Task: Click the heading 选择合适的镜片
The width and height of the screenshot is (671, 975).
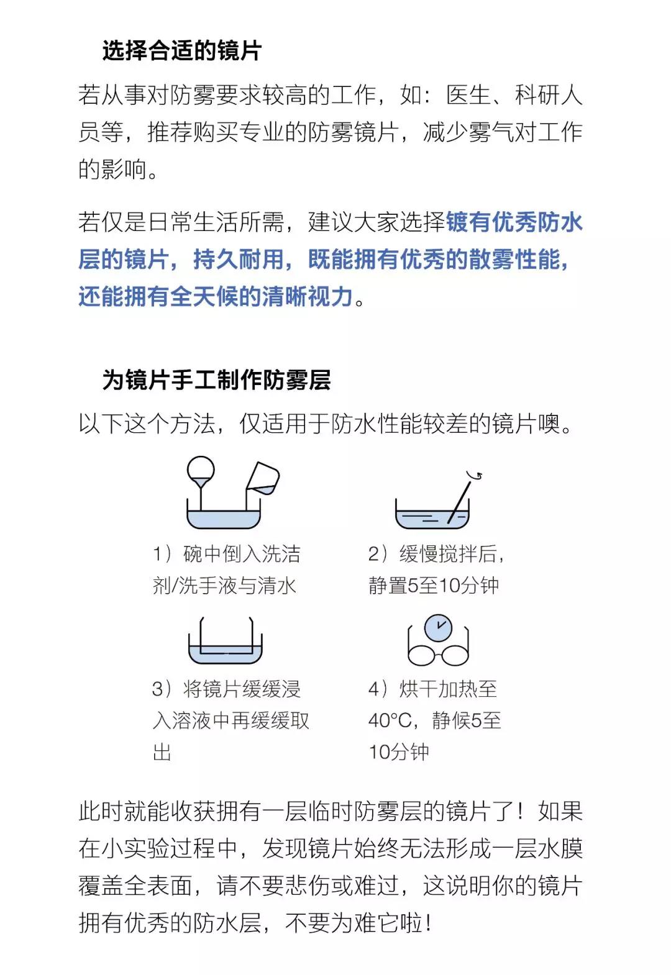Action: pyautogui.click(x=182, y=50)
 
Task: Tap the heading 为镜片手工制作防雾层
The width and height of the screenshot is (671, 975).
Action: pyautogui.click(x=216, y=379)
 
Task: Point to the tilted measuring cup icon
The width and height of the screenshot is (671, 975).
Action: pyautogui.click(x=263, y=478)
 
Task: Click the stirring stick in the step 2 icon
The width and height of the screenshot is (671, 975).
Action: pyautogui.click(x=459, y=501)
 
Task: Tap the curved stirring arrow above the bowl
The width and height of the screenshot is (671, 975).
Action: pyautogui.click(x=475, y=474)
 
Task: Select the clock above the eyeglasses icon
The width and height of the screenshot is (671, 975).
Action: pyautogui.click(x=439, y=628)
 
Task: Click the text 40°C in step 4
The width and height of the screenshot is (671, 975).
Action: pyautogui.click(x=390, y=720)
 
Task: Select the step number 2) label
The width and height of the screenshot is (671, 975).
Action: pyautogui.click(x=377, y=554)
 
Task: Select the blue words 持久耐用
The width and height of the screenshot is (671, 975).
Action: pyautogui.click(x=239, y=260)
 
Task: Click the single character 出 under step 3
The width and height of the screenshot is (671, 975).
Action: pyautogui.click(x=162, y=751)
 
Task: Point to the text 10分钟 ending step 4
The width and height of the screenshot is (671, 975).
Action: pyautogui.click(x=399, y=751)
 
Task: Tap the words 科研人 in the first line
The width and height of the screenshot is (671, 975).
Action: pyautogui.click(x=549, y=95)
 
